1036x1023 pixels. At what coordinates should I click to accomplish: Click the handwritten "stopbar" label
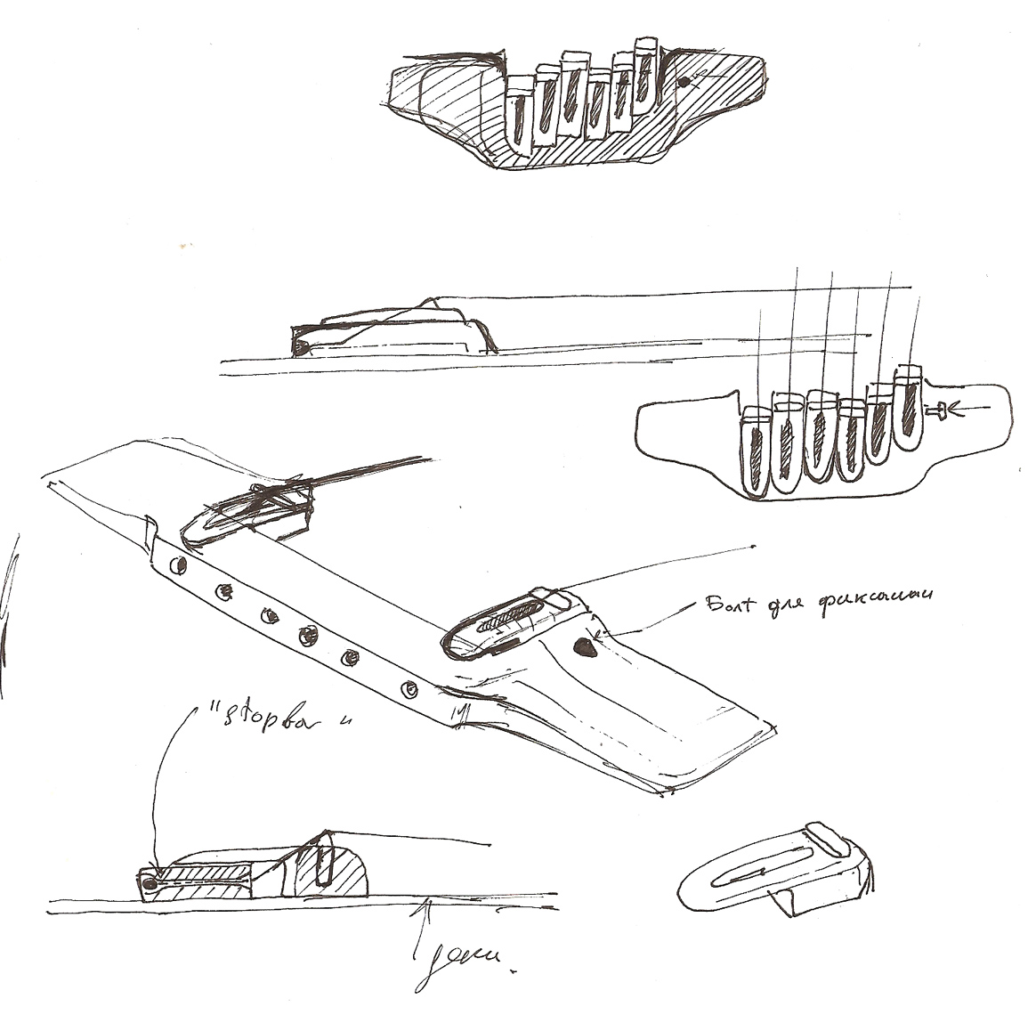click(271, 718)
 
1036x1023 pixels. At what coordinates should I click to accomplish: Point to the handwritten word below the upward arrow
click(463, 961)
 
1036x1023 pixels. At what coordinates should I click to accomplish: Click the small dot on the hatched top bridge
click(684, 82)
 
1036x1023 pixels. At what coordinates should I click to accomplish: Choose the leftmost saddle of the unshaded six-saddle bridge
click(754, 450)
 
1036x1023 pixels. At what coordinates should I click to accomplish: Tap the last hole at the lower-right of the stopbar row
click(409, 687)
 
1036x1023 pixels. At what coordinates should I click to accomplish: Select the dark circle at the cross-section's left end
click(150, 884)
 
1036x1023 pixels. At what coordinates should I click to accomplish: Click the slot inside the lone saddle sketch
click(757, 873)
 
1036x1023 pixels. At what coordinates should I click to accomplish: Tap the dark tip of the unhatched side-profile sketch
click(301, 345)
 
